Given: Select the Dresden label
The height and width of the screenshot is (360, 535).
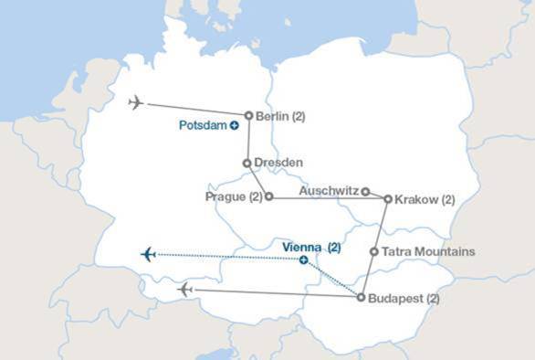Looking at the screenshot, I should pyautogui.click(x=278, y=163).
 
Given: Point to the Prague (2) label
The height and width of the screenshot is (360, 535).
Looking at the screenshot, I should pyautogui.click(x=234, y=196).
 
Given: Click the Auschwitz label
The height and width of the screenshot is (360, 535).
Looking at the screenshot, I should pyautogui.click(x=330, y=192).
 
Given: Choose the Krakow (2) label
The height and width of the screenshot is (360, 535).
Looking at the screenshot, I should pyautogui.click(x=425, y=198).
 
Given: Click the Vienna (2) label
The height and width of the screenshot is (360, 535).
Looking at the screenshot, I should pyautogui.click(x=311, y=247).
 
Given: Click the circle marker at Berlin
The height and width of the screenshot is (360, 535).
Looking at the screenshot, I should pyautogui.click(x=248, y=116).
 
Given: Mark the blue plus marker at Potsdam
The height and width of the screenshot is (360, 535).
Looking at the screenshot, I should pyautogui.click(x=235, y=127).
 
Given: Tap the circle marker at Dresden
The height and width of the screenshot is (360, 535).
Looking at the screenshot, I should pyautogui.click(x=247, y=163).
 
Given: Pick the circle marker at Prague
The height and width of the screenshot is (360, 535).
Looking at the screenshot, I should pyautogui.click(x=268, y=196).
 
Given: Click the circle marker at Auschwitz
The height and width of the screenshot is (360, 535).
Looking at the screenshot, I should pyautogui.click(x=365, y=192).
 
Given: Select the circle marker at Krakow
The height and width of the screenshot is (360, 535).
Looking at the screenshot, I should pyautogui.click(x=388, y=198).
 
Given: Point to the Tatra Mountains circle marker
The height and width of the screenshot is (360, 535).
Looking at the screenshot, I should pyautogui.click(x=374, y=251).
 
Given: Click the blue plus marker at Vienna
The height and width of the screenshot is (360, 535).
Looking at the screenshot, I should pyautogui.click(x=303, y=260).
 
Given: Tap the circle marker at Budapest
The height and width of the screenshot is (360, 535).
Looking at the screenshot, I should pyautogui.click(x=362, y=298).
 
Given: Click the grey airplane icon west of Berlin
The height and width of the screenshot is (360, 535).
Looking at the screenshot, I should pyautogui.click(x=137, y=102).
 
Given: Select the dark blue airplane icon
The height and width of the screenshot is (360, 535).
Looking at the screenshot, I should pyautogui.click(x=149, y=254).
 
